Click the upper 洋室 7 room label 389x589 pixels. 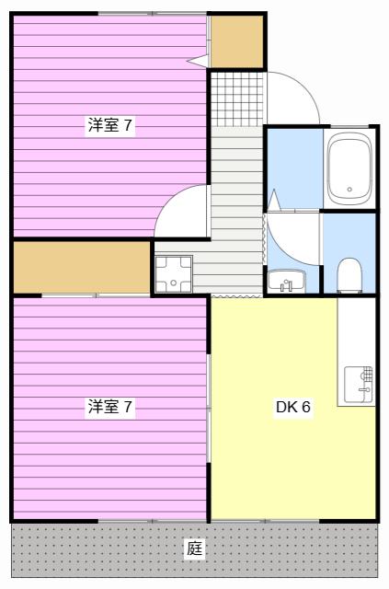(110, 125)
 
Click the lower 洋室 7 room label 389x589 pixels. (110, 407)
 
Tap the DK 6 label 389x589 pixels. (293, 407)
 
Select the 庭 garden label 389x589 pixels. (195, 549)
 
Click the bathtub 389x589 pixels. (349, 168)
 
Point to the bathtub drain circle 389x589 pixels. (350, 190)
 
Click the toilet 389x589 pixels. (349, 275)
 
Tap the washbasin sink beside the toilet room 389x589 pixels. (287, 281)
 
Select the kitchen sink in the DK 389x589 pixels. (359, 384)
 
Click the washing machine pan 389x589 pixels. (174, 274)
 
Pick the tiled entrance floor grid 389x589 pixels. (237, 99)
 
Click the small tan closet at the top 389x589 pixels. (237, 41)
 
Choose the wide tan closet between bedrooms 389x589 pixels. (82, 267)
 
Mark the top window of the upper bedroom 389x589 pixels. (153, 14)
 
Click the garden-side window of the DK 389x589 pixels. (265, 521)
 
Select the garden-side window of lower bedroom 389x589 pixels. (153, 521)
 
